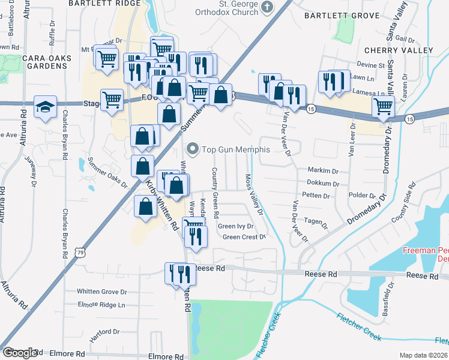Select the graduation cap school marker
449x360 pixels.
tap(46, 107)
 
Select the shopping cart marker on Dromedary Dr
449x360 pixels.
tap(383, 107)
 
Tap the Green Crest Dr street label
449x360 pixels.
tap(244, 237)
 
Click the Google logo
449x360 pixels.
tap(20, 353)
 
